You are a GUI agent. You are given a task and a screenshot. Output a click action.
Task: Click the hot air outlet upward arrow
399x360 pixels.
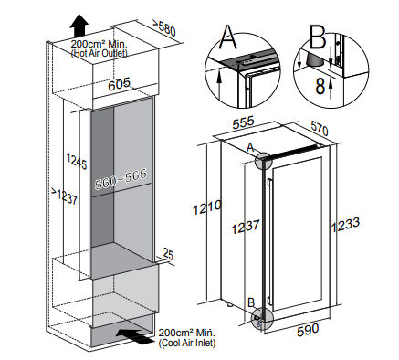(x=79, y=26)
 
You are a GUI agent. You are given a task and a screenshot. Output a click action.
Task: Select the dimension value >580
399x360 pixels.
(x=163, y=27)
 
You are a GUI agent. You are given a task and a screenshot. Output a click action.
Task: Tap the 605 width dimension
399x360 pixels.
(x=120, y=84)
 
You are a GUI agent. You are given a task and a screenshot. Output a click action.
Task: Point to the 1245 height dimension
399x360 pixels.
(x=77, y=161)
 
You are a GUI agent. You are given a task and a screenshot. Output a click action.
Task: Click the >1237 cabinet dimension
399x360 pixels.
(x=64, y=196)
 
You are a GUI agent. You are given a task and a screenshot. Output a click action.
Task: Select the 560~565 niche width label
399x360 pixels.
(x=121, y=179)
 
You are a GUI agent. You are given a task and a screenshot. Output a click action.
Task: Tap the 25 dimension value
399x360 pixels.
(x=168, y=254)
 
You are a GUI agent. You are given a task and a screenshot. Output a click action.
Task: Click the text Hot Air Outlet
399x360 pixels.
(x=100, y=53)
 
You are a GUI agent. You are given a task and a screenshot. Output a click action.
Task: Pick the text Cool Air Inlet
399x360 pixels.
(x=187, y=343)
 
